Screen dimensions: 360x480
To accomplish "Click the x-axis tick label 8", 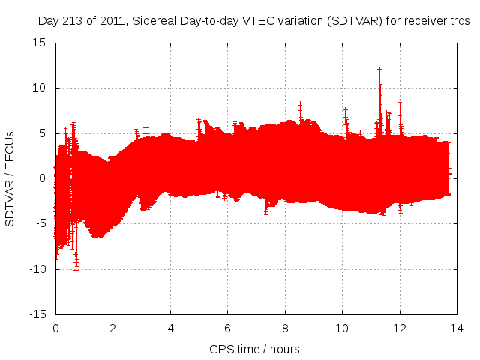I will click(285, 328).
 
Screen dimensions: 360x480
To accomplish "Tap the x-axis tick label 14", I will click(457, 328).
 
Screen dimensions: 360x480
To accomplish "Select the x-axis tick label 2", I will click(113, 328).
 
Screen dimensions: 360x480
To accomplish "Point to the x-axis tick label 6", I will click(228, 328).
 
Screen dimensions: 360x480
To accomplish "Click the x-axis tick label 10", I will click(343, 328).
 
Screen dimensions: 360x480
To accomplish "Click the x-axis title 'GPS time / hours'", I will click(255, 349).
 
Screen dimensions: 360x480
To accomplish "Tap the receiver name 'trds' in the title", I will click(459, 22).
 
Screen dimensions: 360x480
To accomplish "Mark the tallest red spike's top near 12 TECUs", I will click(379, 69).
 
